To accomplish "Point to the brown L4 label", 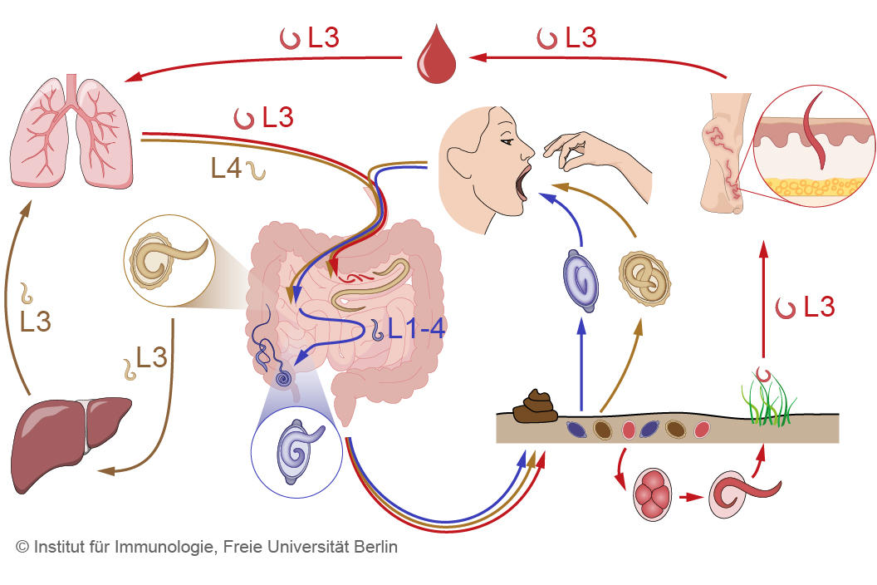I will pyautogui.click(x=226, y=169).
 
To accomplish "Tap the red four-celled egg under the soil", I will pyautogui.click(x=652, y=495).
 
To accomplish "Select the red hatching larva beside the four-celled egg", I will pyautogui.click(x=735, y=495).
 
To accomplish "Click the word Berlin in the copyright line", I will pyautogui.click(x=375, y=548).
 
